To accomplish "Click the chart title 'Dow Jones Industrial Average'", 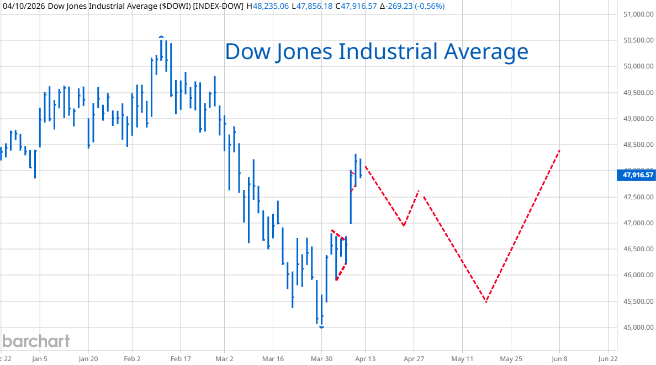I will click(377, 51).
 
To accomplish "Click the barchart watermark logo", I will click(35, 341).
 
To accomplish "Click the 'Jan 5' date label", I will click(40, 358).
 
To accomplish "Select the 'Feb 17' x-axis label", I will click(181, 358).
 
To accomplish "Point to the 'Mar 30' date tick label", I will click(321, 358).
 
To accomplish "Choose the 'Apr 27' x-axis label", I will click(414, 358).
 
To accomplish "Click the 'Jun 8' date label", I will click(559, 358).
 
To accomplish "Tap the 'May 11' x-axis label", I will click(462, 358).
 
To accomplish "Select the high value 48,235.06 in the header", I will click(271, 6).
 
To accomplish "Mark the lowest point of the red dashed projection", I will click(486, 301).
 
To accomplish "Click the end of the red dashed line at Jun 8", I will click(560, 150).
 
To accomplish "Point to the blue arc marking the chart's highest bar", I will click(161, 37).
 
